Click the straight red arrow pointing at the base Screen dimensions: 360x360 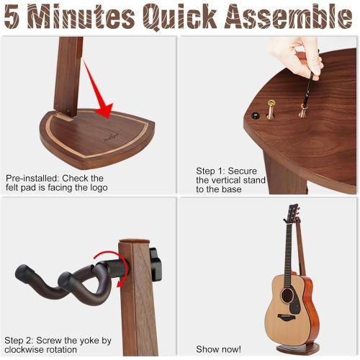96,90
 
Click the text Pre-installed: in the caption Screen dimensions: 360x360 33,178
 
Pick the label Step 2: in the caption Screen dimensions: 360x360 22,339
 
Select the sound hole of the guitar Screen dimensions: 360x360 287,296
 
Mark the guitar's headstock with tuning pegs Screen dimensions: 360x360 292,215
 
